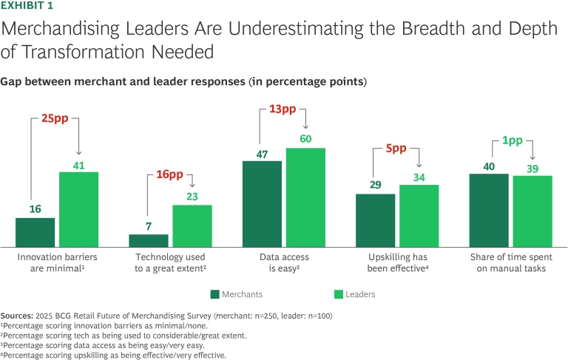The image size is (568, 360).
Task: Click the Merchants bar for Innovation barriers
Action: (35, 232)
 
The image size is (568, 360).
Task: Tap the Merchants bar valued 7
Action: (149, 240)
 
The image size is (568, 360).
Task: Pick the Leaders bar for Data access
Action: (305, 197)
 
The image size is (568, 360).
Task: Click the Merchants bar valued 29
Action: (376, 220)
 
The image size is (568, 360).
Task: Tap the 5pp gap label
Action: (396, 148)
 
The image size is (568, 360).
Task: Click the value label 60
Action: (306, 138)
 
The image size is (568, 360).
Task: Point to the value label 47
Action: (262, 154)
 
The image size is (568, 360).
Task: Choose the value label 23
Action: (192, 196)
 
